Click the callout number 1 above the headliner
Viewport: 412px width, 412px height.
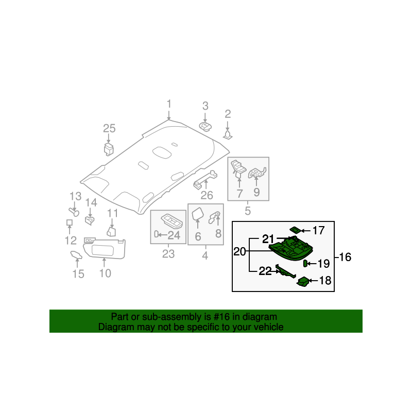[x=168, y=105]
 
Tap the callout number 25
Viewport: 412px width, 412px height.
[x=109, y=129]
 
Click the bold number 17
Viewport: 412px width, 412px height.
[x=319, y=231]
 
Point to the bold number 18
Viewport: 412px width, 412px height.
[x=325, y=281]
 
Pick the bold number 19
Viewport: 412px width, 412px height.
[x=323, y=264]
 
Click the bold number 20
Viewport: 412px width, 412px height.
[x=240, y=252]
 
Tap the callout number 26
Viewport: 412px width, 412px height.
[x=207, y=195]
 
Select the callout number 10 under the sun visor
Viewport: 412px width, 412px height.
[x=105, y=273]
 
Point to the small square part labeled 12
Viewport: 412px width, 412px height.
[x=68, y=222]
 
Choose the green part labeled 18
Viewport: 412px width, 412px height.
[x=303, y=281]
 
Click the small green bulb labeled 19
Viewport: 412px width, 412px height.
[x=305, y=264]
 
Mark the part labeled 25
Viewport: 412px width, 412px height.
[x=109, y=149]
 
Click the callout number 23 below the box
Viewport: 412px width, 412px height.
[x=168, y=254]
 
